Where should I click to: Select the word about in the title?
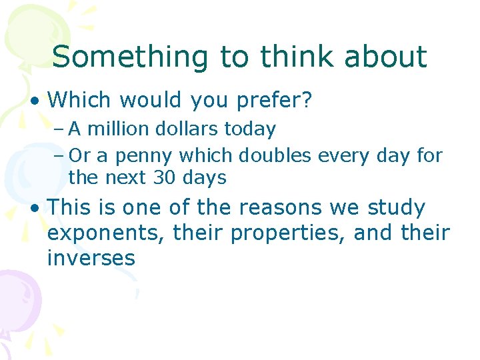[x=385, y=57]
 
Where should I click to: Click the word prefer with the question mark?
[x=278, y=101]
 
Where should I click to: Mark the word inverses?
[x=91, y=257]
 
